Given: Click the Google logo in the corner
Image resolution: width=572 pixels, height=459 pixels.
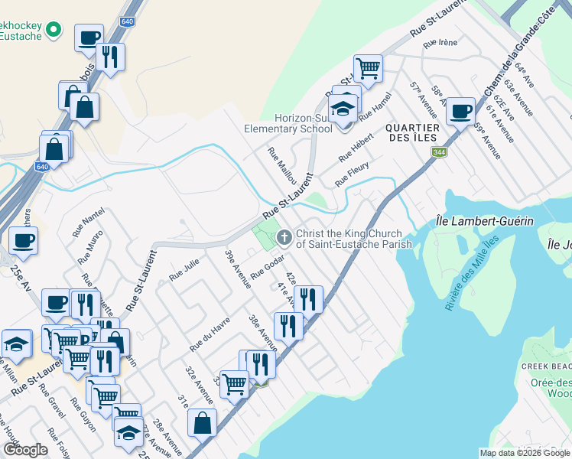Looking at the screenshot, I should (x=25, y=450).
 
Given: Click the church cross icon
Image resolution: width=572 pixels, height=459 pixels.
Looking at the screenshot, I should (x=284, y=238).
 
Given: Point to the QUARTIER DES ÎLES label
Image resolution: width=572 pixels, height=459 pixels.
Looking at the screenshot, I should (x=411, y=132).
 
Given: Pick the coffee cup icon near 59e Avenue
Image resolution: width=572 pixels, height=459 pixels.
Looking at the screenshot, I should (x=460, y=111).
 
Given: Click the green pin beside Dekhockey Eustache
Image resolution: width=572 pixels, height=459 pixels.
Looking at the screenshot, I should (x=53, y=30).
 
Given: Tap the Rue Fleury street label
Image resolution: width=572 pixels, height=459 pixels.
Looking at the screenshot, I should (x=353, y=174).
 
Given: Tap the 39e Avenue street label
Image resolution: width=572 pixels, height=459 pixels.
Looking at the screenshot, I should (x=238, y=269).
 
